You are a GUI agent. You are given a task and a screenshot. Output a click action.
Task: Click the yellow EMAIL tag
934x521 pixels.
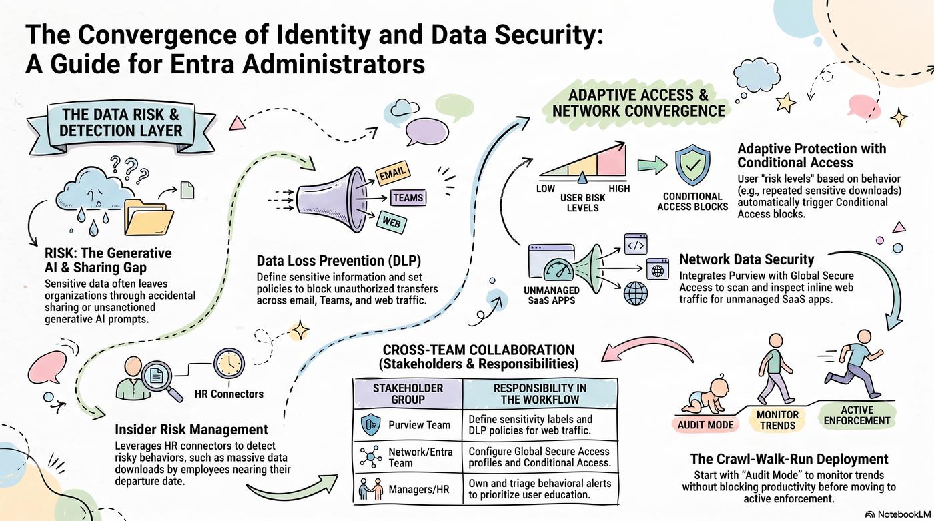point(392,173)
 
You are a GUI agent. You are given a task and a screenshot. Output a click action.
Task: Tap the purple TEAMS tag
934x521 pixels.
point(408,197)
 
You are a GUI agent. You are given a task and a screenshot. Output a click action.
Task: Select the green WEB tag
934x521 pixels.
point(391,222)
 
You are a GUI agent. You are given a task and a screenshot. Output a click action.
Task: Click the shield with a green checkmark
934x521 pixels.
point(692,165)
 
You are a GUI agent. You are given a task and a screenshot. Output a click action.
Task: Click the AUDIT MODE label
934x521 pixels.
point(705,425)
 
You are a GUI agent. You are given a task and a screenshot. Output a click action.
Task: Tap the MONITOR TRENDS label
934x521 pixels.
point(777,420)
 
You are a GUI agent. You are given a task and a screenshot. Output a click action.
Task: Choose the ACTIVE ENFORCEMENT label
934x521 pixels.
point(857,415)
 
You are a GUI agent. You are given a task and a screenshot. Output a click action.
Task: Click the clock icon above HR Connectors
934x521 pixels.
point(229,363)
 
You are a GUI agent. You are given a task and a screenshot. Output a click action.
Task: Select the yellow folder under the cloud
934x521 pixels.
point(148,217)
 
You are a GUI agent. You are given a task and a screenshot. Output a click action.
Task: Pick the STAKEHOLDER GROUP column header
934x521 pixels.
point(408,394)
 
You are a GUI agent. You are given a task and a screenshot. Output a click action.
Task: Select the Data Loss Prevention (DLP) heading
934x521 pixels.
point(339,260)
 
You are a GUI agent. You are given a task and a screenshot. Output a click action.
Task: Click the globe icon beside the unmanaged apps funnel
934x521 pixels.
point(635,293)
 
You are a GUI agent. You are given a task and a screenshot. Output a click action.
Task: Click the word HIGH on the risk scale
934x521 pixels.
point(619,188)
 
